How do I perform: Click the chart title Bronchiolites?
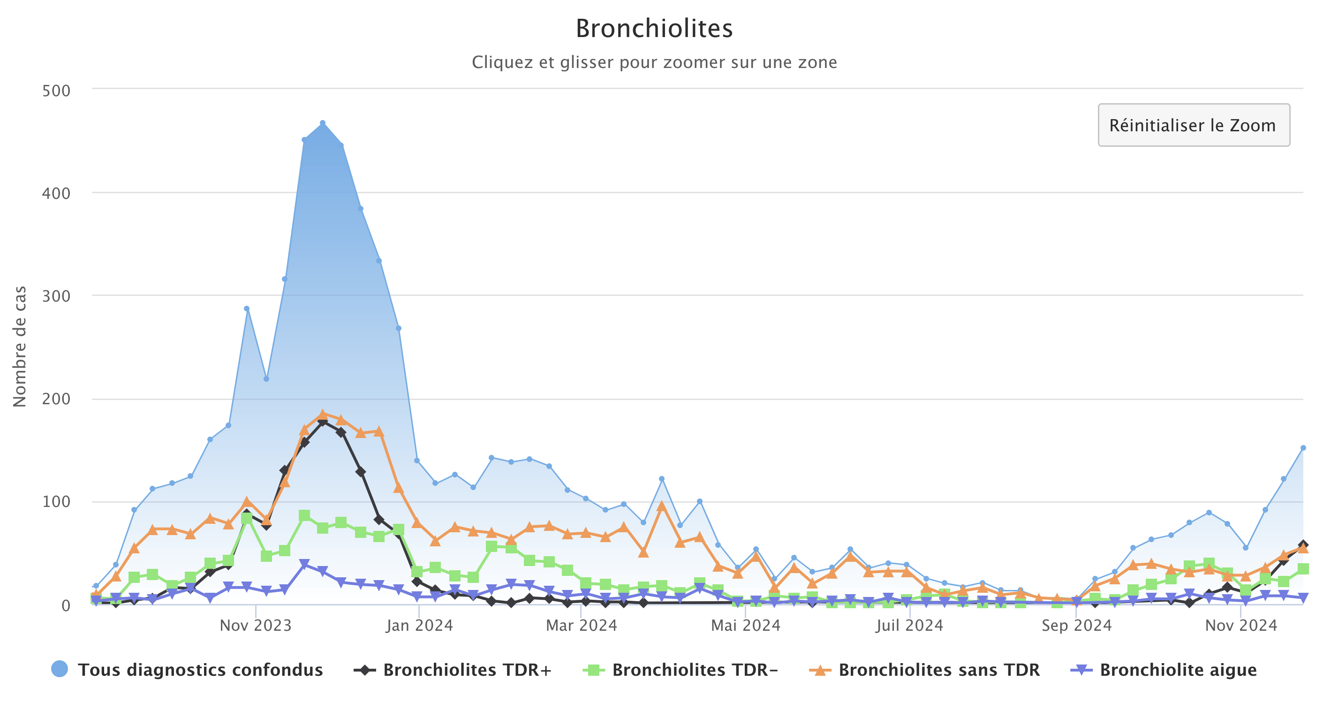tap(654, 29)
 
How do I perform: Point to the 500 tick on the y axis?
tap(56, 91)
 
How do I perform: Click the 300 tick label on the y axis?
tap(56, 296)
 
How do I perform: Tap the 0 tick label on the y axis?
tap(66, 605)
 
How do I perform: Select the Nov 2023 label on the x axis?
tap(255, 626)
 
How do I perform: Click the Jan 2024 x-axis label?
tap(419, 626)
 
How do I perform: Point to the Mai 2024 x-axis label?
tap(745, 626)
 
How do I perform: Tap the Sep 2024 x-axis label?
tap(1076, 626)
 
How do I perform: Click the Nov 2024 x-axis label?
tap(1240, 626)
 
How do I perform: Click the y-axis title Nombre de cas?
tap(20, 347)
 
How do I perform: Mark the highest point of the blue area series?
tap(322, 123)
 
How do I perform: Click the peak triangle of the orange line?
tap(322, 415)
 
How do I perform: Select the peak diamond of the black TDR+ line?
tap(322, 422)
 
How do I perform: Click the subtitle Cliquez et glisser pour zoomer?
tap(654, 62)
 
